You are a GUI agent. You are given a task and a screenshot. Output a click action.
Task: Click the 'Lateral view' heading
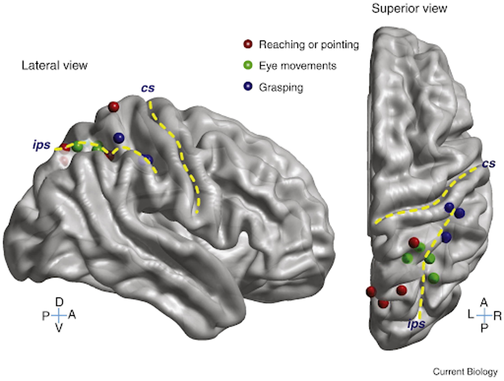(x=54, y=65)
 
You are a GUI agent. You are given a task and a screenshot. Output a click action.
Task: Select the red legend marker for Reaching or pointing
(x=248, y=45)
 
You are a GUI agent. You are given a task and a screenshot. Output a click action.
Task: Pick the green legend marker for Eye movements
(x=248, y=66)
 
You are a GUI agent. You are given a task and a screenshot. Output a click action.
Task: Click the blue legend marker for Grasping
(x=248, y=88)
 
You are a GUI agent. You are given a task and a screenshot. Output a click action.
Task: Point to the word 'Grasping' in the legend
(x=281, y=88)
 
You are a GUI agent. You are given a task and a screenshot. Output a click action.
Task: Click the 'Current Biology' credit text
(x=465, y=372)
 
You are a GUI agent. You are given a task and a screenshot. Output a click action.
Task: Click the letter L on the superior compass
(x=471, y=315)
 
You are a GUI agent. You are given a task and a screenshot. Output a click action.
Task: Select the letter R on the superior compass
(x=498, y=315)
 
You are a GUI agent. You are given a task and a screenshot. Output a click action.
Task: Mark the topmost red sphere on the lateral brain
(x=113, y=107)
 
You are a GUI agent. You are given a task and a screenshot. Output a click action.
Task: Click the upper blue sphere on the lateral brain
(x=119, y=138)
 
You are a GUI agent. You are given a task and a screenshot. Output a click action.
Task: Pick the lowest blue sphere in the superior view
(x=446, y=237)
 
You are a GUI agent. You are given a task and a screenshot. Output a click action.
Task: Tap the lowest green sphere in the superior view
(x=434, y=277)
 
